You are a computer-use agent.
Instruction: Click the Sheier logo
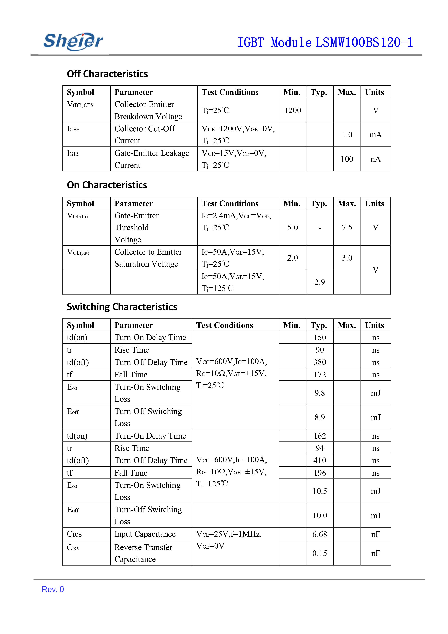(73, 41)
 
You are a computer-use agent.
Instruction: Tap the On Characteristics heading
(107, 185)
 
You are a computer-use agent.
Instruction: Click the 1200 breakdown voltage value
(293, 110)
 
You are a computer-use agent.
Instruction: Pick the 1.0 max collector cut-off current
(347, 135)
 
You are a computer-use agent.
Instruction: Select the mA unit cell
(375, 135)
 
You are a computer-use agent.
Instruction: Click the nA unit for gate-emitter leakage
(375, 159)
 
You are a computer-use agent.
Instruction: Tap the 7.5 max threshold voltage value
(347, 227)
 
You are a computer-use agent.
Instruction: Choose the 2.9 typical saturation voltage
(320, 282)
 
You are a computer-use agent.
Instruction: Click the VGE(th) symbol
(77, 216)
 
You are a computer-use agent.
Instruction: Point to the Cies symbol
(74, 534)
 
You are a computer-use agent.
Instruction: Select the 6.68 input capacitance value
(320, 534)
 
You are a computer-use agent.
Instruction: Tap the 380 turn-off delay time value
(320, 362)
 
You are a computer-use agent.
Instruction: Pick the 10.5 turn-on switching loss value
(320, 491)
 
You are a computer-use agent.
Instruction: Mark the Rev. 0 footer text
(53, 589)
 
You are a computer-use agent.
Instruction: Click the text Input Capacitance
(145, 534)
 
